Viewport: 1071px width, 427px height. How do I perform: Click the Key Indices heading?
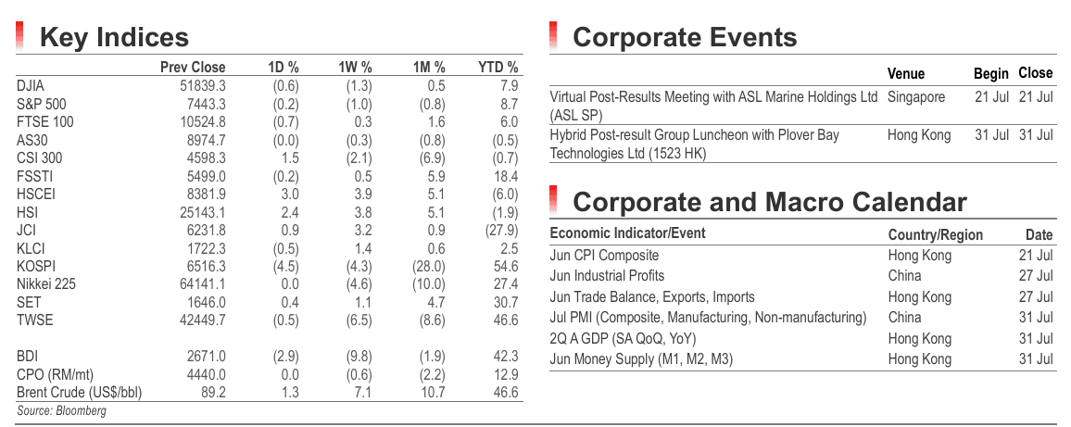[114, 38]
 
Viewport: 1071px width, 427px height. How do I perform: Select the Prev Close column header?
[193, 67]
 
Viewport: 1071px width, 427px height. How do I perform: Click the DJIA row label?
[30, 86]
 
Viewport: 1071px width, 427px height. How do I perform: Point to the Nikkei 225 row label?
[45, 284]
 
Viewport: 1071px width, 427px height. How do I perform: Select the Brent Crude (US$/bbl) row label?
[80, 393]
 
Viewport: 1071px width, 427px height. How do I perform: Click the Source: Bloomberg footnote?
[61, 410]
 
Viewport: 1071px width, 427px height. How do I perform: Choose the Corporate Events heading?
[685, 38]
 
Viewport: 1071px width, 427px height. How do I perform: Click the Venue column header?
[906, 74]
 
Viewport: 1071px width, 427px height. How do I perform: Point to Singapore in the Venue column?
[916, 97]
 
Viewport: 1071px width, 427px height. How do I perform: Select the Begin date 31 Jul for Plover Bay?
[991, 135]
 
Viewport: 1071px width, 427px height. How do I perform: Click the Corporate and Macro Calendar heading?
[770, 202]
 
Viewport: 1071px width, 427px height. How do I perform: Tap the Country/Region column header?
[935, 235]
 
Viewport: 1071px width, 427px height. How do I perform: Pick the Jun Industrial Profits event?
[607, 276]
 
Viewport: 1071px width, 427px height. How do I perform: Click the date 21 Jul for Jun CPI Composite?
[1036, 256]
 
